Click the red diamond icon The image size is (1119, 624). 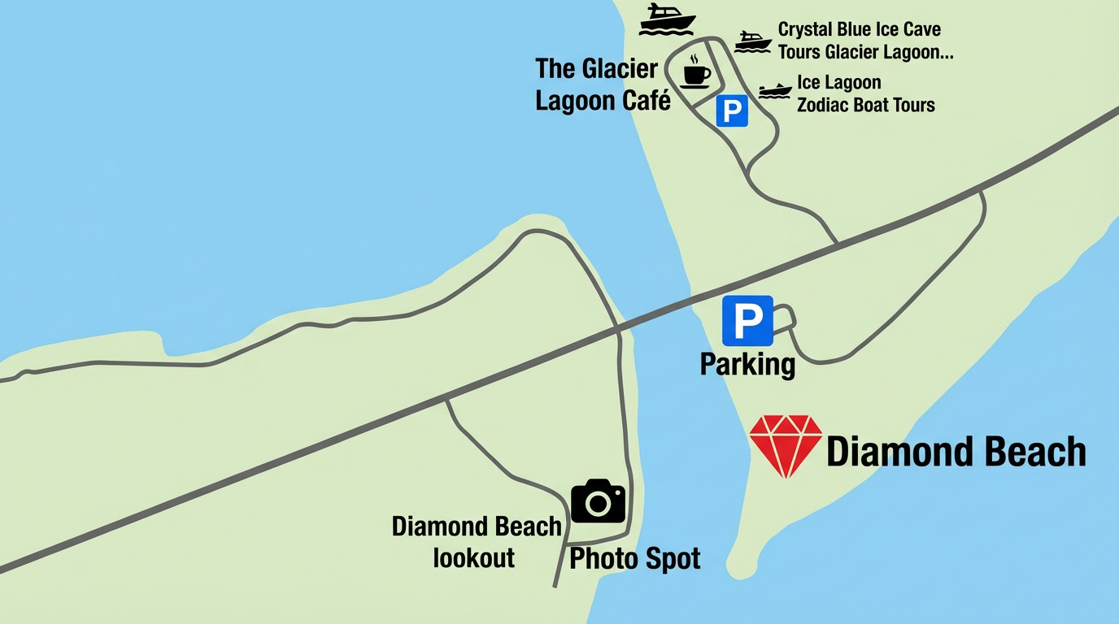point(785,445)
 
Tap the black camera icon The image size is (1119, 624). point(598,501)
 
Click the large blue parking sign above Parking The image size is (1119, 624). point(747,321)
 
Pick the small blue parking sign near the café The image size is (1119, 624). point(732,110)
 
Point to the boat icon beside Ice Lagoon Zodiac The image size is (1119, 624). point(775,90)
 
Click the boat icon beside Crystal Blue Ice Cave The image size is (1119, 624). point(752,41)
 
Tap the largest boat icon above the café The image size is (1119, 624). point(667,19)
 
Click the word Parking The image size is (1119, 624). point(747,364)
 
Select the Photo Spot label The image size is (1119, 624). point(634,558)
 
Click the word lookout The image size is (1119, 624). point(474,558)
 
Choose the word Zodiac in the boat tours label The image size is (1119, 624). point(829,105)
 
